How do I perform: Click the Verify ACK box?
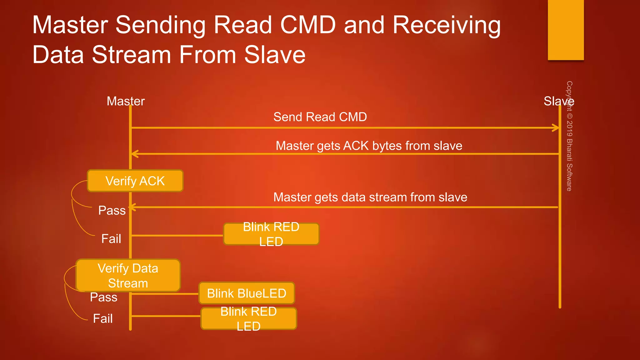tap(135, 181)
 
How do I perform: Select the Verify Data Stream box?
tap(128, 276)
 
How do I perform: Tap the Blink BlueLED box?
tap(247, 293)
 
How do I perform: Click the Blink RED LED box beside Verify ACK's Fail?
tap(271, 234)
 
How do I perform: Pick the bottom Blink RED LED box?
tap(248, 318)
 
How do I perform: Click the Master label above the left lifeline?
tap(126, 101)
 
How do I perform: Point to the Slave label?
tap(558, 101)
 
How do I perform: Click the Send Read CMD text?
tap(320, 117)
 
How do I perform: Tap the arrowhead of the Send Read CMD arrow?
tap(556, 128)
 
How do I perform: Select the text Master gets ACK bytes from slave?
tap(369, 146)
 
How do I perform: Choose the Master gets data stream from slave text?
tap(370, 197)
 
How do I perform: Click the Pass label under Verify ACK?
tap(112, 210)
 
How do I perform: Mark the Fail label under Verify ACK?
tap(111, 239)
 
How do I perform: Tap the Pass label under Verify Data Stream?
tap(103, 297)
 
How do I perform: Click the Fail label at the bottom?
tap(102, 318)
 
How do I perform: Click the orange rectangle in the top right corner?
tap(566, 30)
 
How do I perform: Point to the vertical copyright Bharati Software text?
tap(569, 136)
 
